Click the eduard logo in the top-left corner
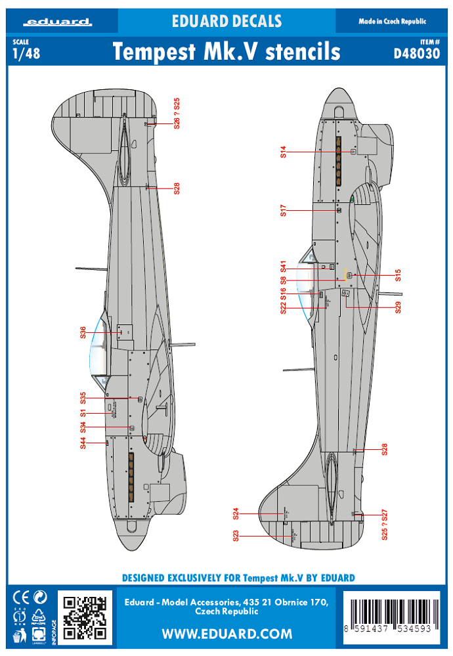click(x=58, y=22)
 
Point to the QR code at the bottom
click(x=85, y=617)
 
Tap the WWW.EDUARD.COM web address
click(x=226, y=634)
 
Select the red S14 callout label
click(x=283, y=152)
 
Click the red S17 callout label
click(x=283, y=211)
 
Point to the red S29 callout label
click(x=397, y=307)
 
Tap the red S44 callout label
click(x=83, y=443)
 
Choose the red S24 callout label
click(x=236, y=513)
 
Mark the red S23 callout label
click(x=236, y=536)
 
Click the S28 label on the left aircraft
click(x=177, y=188)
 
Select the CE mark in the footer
click(x=20, y=597)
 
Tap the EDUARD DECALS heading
click(x=226, y=22)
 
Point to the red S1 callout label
click(x=83, y=413)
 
